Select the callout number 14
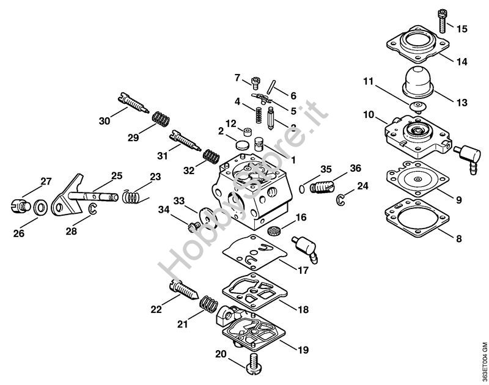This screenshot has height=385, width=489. (461, 61)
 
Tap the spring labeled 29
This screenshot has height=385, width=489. (161, 117)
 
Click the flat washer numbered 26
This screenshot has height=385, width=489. (39, 207)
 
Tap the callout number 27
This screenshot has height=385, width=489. (46, 181)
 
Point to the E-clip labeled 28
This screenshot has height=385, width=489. (92, 211)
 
